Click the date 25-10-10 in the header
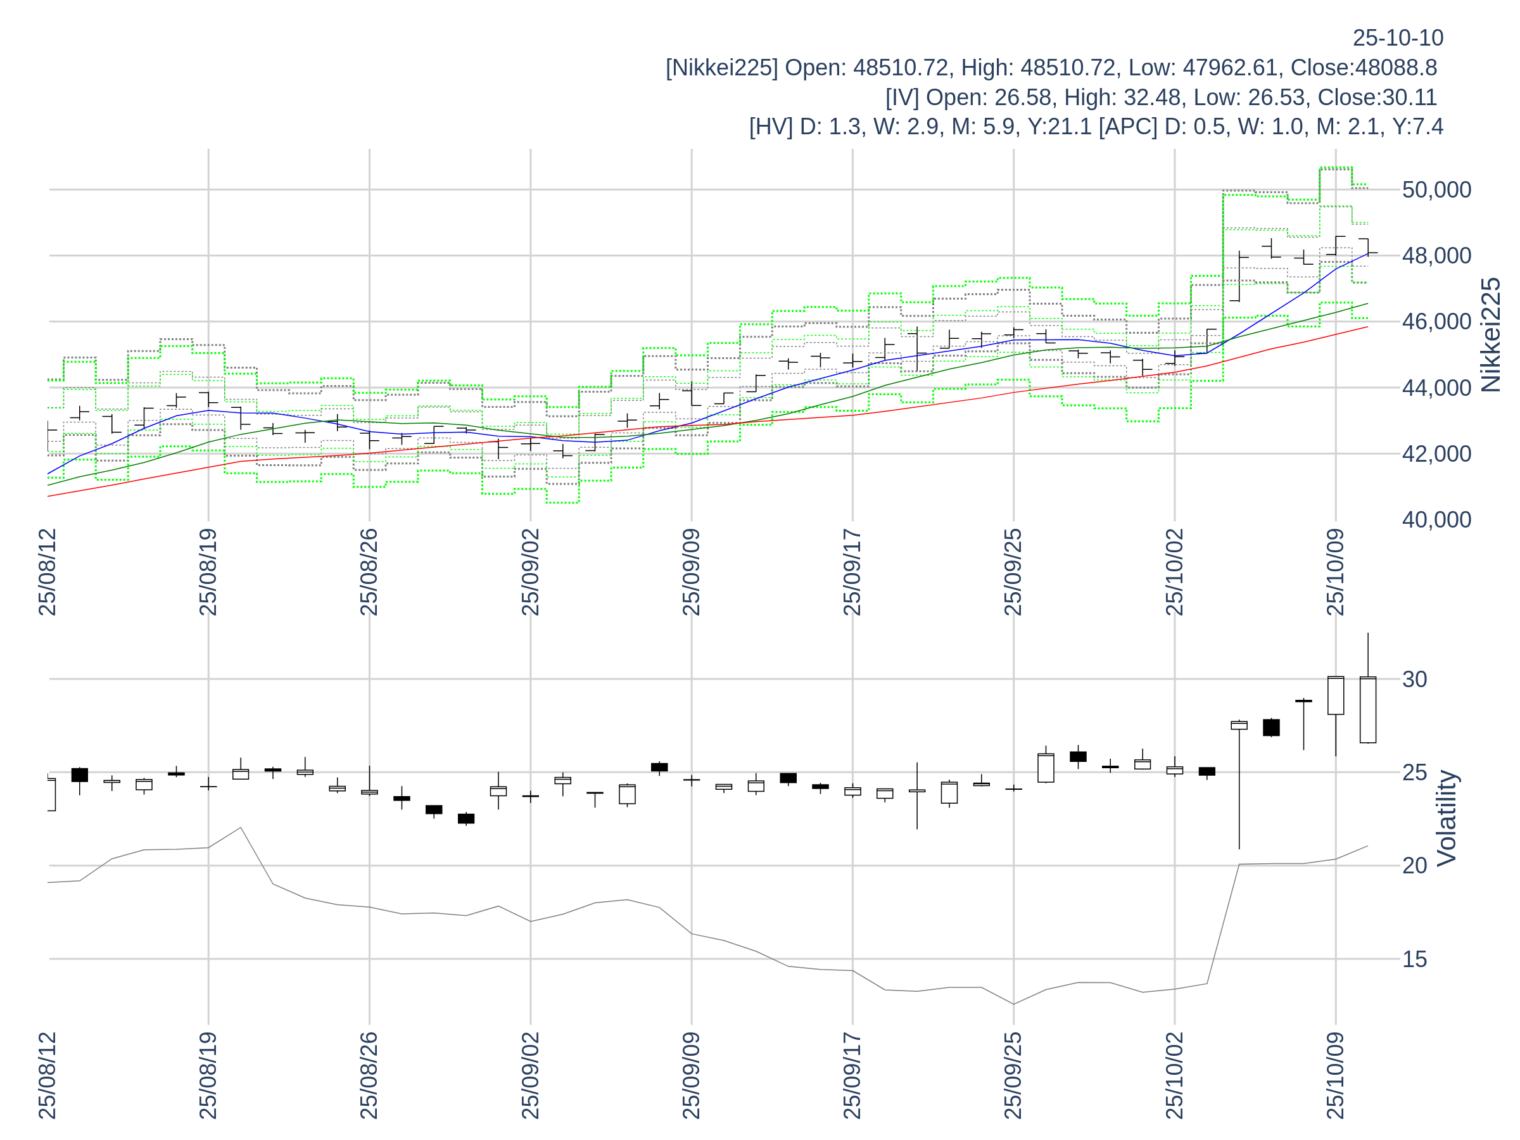[1398, 39]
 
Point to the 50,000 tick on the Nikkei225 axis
[1436, 189]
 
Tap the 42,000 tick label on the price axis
[1436, 453]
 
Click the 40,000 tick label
[1436, 519]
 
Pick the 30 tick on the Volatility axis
[1415, 679]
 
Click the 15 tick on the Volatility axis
[1415, 959]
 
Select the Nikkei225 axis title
[1490, 335]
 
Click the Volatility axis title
[1447, 818]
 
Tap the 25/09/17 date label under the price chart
[852, 573]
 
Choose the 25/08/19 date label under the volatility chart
[208, 1075]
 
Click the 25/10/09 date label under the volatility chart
[1335, 1075]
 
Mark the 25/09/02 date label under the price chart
[531, 573]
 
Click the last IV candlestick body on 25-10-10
[1367, 710]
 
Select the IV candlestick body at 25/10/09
[1335, 695]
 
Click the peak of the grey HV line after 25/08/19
[241, 827]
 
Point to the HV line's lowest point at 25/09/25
[1013, 1004]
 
